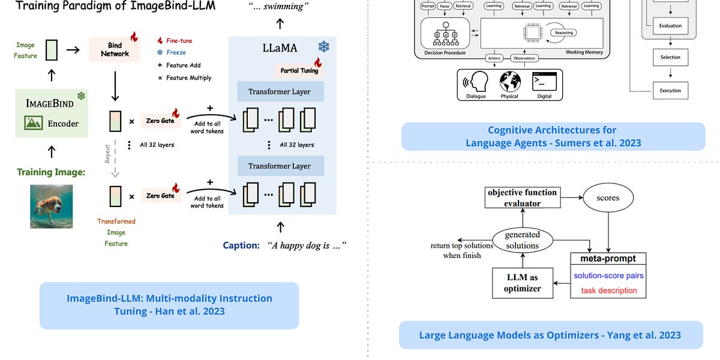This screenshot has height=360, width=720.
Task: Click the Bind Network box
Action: (x=115, y=49)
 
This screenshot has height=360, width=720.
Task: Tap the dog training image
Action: (x=52, y=206)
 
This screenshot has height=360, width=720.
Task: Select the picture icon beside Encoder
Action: (x=34, y=123)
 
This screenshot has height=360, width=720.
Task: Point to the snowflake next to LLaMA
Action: (x=323, y=47)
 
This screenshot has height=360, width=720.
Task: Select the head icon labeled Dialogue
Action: (x=476, y=82)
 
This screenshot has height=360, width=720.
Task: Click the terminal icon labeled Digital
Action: (x=545, y=82)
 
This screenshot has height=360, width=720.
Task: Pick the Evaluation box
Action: (x=670, y=26)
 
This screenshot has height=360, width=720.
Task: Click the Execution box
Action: (x=670, y=91)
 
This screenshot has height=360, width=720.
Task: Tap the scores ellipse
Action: (x=608, y=197)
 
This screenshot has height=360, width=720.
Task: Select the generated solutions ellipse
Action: (x=522, y=240)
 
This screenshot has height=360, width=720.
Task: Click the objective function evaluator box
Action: (x=522, y=197)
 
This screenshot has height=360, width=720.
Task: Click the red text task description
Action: (x=609, y=290)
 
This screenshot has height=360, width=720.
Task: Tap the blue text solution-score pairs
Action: (x=609, y=275)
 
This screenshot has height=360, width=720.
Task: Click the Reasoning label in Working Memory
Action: (x=563, y=33)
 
